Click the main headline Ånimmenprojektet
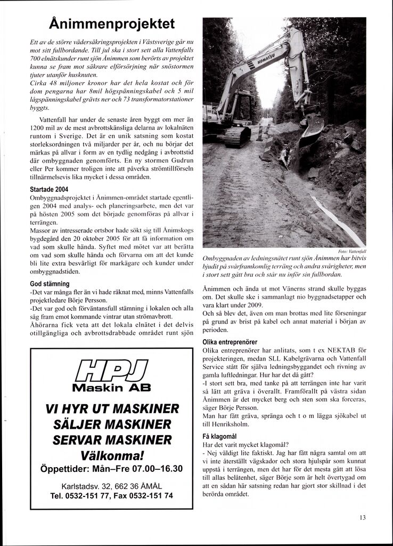(111, 25)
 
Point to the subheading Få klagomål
(220, 436)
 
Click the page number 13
(362, 517)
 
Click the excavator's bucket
(312, 128)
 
